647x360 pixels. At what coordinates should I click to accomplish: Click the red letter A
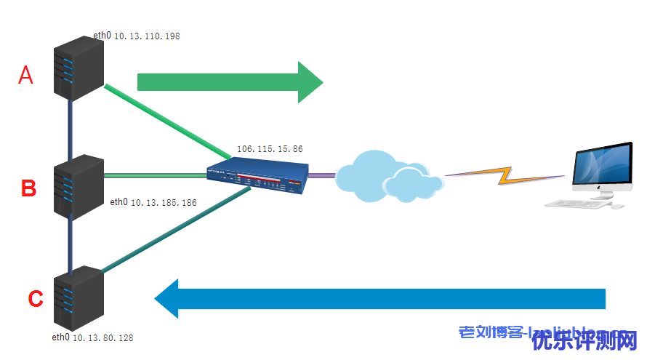[26, 75]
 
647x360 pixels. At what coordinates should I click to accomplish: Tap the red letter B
[28, 188]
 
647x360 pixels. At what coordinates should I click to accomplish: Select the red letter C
[35, 299]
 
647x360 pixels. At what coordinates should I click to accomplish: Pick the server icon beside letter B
[79, 185]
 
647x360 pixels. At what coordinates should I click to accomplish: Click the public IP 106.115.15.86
[270, 149]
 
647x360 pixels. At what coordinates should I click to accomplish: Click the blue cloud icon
[389, 175]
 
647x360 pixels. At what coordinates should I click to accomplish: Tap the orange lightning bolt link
[505, 175]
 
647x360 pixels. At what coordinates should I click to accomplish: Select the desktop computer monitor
[601, 167]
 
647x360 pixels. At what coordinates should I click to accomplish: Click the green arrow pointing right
[229, 81]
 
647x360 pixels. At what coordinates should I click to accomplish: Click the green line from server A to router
[167, 121]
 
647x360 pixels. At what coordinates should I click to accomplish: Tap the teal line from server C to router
[174, 231]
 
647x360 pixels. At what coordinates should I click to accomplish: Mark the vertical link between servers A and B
[71, 127]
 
